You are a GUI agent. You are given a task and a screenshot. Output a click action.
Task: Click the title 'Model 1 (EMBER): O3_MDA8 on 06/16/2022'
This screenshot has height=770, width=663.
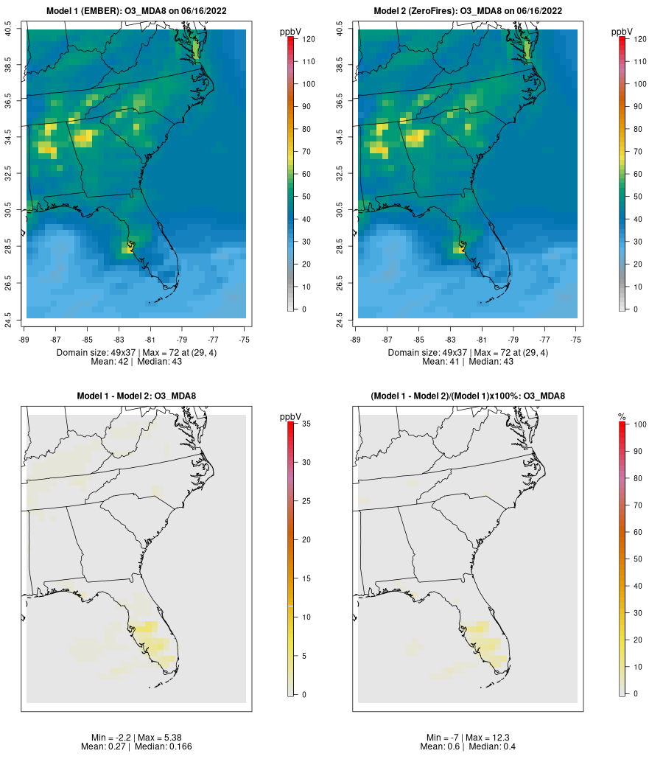click(136, 11)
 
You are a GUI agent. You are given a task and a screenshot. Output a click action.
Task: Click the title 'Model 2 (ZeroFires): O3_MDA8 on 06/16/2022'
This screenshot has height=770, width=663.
click(468, 11)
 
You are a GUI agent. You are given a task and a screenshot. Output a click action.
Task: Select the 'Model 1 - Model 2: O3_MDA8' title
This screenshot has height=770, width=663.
click(136, 396)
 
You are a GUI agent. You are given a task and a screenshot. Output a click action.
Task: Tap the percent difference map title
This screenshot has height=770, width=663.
click(468, 396)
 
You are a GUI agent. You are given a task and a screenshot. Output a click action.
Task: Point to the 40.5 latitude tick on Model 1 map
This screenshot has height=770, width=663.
click(9, 30)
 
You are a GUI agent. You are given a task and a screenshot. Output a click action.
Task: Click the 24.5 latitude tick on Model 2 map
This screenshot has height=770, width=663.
click(340, 318)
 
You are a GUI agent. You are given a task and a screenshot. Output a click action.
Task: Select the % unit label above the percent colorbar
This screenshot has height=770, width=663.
click(622, 417)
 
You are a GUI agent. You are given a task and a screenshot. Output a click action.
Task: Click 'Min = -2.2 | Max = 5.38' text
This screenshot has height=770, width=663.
click(137, 738)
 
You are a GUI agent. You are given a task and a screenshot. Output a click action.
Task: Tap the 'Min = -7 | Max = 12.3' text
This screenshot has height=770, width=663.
click(468, 738)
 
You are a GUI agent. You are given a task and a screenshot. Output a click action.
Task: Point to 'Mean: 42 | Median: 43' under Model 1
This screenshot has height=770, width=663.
click(136, 362)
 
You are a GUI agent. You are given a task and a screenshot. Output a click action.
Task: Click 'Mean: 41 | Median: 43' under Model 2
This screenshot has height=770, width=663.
click(468, 362)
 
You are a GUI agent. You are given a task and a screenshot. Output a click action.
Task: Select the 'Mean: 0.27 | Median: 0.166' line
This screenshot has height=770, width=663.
click(136, 747)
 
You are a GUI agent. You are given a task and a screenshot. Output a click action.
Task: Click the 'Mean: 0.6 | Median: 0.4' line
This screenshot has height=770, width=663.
click(468, 747)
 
